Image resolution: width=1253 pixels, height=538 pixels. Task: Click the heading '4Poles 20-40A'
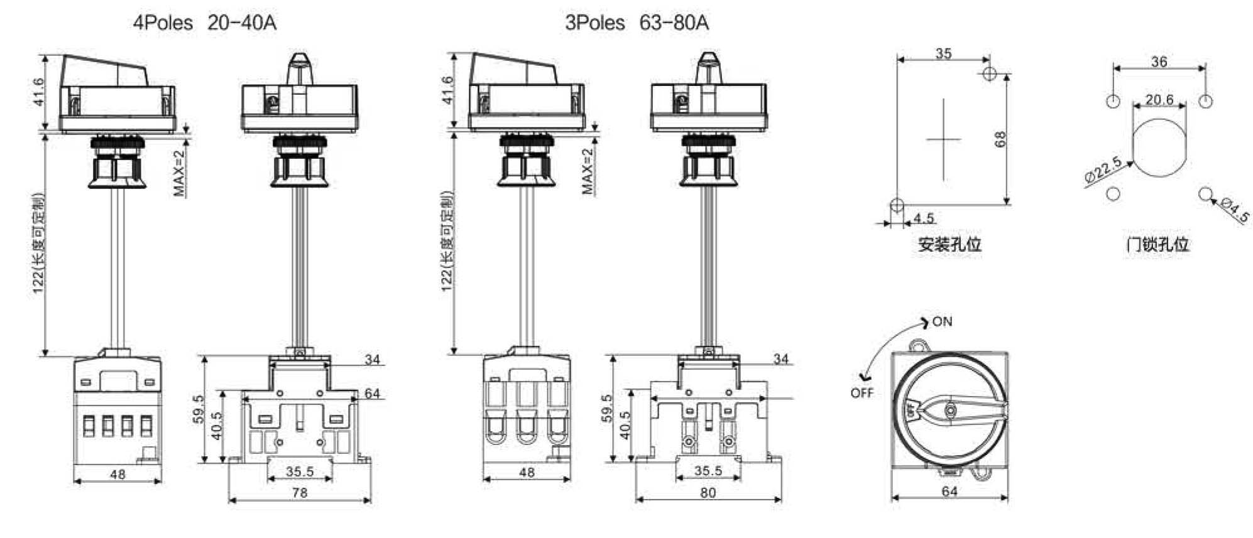pos(204,23)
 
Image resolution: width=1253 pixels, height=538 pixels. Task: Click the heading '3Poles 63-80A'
pos(637,23)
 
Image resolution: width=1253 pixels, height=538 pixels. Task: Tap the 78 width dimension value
pos(300,493)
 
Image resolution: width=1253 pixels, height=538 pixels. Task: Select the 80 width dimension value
pos(708,493)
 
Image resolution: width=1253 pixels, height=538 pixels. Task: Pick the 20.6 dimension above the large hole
pos(1159,100)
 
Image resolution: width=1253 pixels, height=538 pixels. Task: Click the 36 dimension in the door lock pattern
pos(1159,62)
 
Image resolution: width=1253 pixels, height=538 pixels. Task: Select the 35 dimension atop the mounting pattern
pos(943,53)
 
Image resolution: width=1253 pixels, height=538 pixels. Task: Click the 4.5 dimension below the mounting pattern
pos(924,218)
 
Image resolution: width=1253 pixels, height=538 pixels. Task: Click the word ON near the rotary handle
pos(942,322)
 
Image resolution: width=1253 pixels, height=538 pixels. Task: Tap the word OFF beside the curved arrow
pos(862,393)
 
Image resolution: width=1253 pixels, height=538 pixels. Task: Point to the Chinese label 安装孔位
pos(949,244)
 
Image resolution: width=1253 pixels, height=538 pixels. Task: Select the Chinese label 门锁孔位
pos(1157,244)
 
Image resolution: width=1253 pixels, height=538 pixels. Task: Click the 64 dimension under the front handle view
pos(949,492)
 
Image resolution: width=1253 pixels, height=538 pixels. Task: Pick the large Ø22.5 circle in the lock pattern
pos(1160,148)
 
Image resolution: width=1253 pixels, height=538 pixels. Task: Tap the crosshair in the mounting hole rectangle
pos(943,139)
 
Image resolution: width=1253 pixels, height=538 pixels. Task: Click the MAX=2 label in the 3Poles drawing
pos(588,171)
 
